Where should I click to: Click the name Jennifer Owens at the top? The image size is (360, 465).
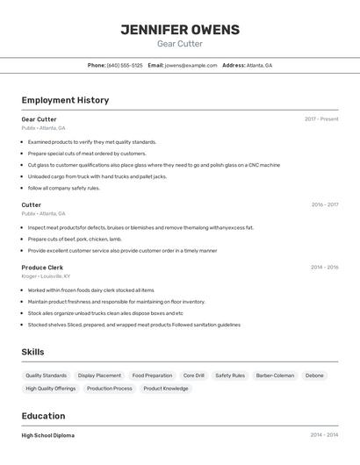click(179, 30)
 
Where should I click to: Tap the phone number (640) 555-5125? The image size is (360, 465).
click(125, 65)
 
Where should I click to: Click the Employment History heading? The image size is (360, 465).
click(65, 100)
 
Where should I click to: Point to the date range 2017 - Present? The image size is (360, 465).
click(321, 118)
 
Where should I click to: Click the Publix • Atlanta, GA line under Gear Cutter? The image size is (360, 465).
click(43, 128)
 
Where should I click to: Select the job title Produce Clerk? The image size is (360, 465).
click(42, 267)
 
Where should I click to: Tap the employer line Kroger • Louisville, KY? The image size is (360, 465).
click(46, 276)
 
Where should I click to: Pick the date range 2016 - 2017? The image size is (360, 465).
click(324, 204)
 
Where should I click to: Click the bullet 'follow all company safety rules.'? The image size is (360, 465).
click(64, 188)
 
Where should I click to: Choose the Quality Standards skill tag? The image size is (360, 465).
click(46, 376)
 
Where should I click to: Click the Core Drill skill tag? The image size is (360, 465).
click(193, 376)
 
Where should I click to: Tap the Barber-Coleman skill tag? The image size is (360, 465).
click(275, 376)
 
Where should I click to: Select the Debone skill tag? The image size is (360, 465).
click(314, 376)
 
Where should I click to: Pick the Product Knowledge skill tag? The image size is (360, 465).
click(165, 388)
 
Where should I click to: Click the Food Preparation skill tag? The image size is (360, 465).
click(152, 376)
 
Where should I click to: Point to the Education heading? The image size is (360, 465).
click(43, 416)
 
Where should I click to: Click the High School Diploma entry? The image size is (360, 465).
click(47, 435)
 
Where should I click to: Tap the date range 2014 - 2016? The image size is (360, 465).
click(324, 267)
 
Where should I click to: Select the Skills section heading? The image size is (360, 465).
click(32, 352)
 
